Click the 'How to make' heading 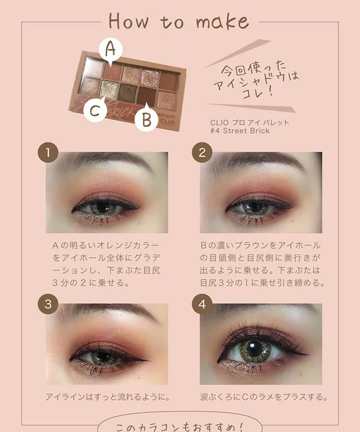click(x=178, y=21)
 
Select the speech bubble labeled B click(x=146, y=119)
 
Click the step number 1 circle click(x=48, y=152)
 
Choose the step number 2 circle click(x=202, y=152)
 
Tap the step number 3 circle click(x=48, y=304)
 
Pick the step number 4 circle click(x=202, y=304)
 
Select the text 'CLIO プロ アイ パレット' click(x=249, y=121)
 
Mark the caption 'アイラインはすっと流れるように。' click(x=107, y=397)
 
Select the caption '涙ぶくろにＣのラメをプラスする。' click(x=263, y=397)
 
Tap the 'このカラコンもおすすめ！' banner click(x=179, y=425)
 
